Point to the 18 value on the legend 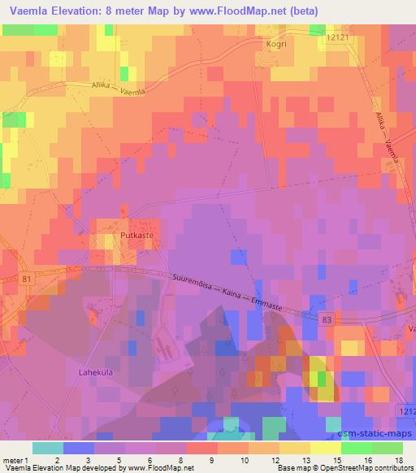[397, 460]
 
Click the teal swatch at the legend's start [49, 448]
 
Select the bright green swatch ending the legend [387, 448]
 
